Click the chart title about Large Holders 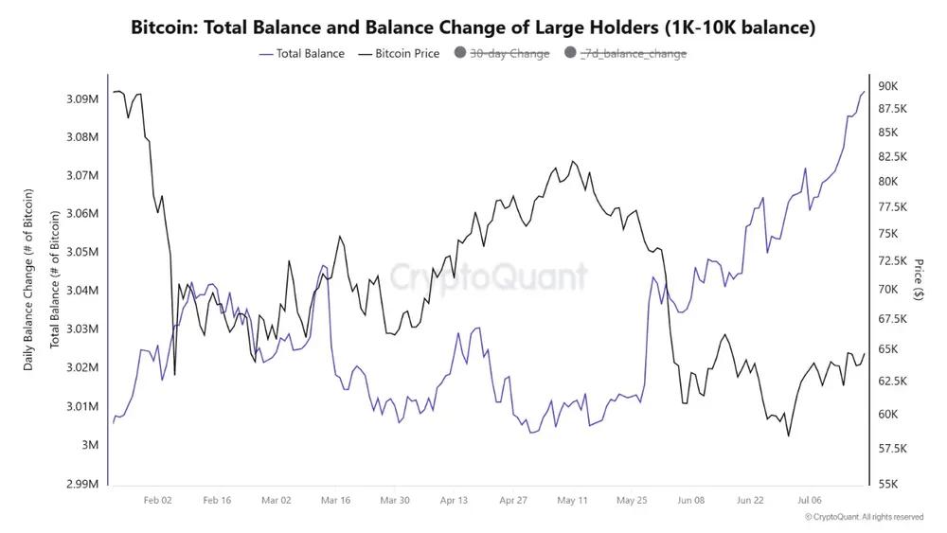(x=473, y=27)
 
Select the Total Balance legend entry (x=302, y=54)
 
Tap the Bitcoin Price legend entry (x=399, y=54)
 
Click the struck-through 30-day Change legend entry (x=502, y=54)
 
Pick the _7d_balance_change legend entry (x=625, y=54)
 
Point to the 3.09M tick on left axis (x=82, y=98)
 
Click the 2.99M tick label (x=82, y=484)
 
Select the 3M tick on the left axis (x=89, y=445)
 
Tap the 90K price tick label (x=888, y=86)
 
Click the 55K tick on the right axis (x=888, y=484)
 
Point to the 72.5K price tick (x=892, y=260)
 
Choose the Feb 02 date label (x=157, y=500)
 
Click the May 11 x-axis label (x=572, y=500)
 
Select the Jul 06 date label (x=810, y=500)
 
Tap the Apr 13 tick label (x=454, y=500)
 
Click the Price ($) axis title (x=919, y=279)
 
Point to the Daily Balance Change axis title (x=28, y=279)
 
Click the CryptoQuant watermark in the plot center (x=488, y=277)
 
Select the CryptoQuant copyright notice (x=865, y=517)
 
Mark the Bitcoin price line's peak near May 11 (x=573, y=161)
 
